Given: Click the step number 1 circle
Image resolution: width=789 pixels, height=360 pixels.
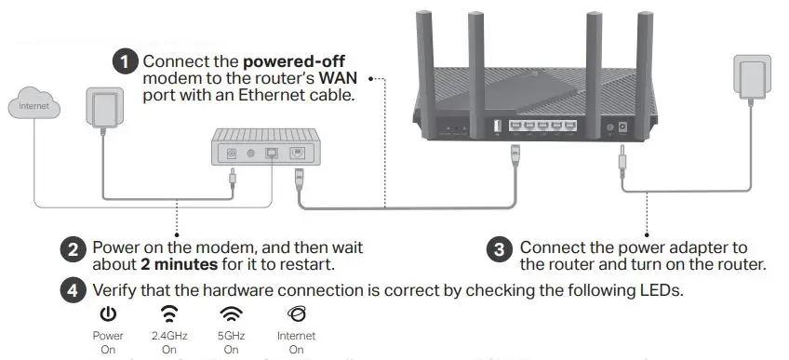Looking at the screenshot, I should tap(126, 62).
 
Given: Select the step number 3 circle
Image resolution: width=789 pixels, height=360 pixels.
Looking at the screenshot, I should tap(501, 249).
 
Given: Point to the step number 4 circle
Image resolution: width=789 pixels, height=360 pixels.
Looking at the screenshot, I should tap(74, 290).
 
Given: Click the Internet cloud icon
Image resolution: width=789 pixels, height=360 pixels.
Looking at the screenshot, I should tap(33, 105).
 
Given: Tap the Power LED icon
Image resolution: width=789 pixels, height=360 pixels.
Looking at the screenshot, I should tap(108, 314).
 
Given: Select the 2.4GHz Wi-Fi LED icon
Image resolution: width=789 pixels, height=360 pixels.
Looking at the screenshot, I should tap(168, 314).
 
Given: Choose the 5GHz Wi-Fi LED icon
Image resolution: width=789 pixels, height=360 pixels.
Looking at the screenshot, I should tap(231, 314).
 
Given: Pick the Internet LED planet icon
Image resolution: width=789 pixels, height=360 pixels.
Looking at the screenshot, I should tap(295, 314).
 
